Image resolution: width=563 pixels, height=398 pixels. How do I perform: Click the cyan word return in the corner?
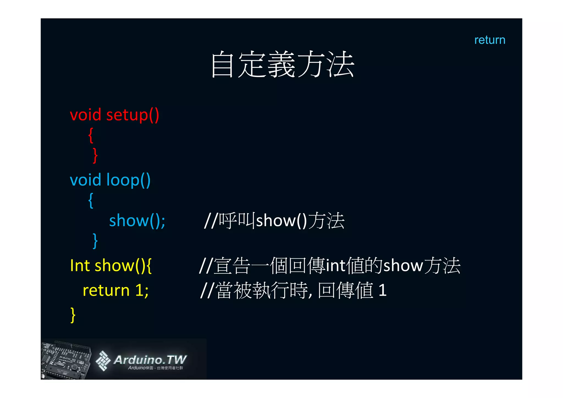click(490, 40)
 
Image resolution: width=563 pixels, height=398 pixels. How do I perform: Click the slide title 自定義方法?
click(282, 65)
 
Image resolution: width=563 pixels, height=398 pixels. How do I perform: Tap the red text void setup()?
click(114, 115)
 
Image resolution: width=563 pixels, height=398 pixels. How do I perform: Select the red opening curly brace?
click(91, 135)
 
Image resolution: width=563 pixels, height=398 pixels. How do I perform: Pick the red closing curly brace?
click(95, 156)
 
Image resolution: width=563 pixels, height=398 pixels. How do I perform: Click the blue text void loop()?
click(110, 180)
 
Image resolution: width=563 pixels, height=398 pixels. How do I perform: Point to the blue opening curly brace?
click(91, 201)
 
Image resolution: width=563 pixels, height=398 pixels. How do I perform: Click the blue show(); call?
click(137, 221)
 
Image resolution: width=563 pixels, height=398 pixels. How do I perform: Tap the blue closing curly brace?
click(95, 241)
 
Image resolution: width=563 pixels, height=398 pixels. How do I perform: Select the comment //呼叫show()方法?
click(274, 221)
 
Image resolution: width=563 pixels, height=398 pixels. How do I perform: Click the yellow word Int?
click(80, 266)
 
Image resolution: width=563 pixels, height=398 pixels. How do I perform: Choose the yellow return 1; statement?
click(115, 290)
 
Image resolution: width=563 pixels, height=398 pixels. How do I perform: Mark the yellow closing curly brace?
click(73, 315)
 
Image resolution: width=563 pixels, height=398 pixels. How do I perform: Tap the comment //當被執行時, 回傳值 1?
click(293, 290)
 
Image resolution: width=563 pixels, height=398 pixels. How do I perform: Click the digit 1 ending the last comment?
click(382, 290)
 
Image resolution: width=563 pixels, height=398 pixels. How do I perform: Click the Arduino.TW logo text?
click(150, 360)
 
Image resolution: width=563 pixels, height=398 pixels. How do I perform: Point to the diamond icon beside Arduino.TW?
click(103, 361)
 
